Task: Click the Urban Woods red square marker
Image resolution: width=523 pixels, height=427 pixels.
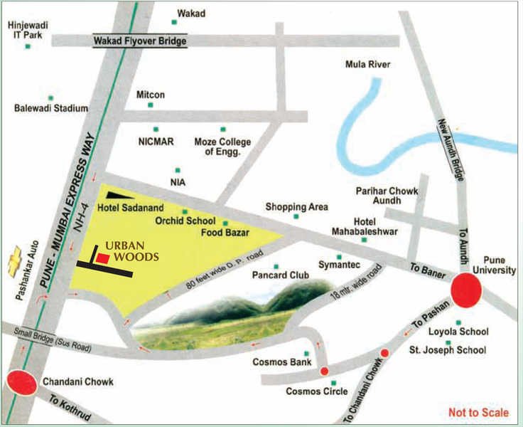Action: coord(103,260)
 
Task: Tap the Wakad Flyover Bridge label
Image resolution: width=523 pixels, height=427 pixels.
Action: coord(140,41)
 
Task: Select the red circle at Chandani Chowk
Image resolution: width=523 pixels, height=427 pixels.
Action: coord(21,383)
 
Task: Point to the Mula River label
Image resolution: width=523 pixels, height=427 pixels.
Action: coord(367,65)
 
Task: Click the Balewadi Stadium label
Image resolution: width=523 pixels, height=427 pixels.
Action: coord(51,109)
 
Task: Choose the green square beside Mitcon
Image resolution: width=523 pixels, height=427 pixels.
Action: coord(150,105)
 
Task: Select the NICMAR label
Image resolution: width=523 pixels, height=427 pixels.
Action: coord(156,141)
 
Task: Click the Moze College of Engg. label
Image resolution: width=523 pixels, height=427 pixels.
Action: coord(223,147)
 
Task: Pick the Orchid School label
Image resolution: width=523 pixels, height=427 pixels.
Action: coord(186,221)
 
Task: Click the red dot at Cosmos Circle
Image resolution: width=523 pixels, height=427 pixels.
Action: coord(324,371)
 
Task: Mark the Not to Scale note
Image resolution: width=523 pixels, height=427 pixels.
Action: coord(478,413)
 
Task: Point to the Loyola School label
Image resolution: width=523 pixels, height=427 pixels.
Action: coord(458,332)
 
